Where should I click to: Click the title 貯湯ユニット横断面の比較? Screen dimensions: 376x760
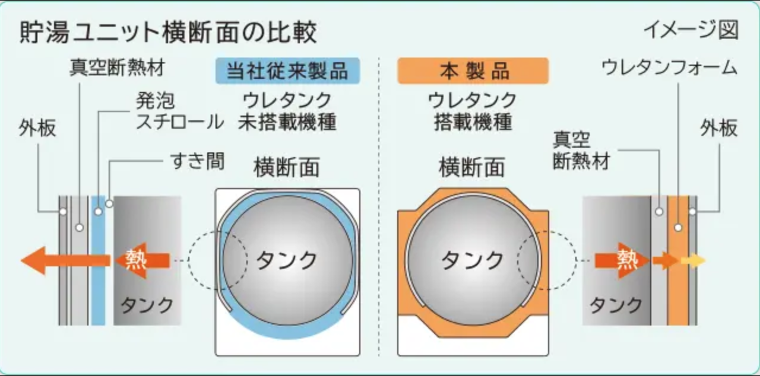(169, 33)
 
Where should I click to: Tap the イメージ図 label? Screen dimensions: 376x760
(691, 30)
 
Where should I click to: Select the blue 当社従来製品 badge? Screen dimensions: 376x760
(287, 71)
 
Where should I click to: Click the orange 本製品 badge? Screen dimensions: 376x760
(473, 71)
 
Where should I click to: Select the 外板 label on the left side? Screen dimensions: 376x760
(37, 128)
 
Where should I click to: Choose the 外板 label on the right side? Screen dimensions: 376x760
(718, 128)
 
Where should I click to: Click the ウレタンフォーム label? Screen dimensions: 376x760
(669, 67)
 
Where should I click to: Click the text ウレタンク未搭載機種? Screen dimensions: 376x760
(287, 111)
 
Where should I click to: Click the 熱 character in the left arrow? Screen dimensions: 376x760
(137, 260)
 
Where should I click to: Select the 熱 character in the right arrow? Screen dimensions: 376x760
(627, 260)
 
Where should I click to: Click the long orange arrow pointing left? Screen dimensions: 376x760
(65, 260)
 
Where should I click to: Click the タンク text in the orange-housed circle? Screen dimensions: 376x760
(472, 260)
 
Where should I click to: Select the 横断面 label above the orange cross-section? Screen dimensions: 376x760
(471, 167)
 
